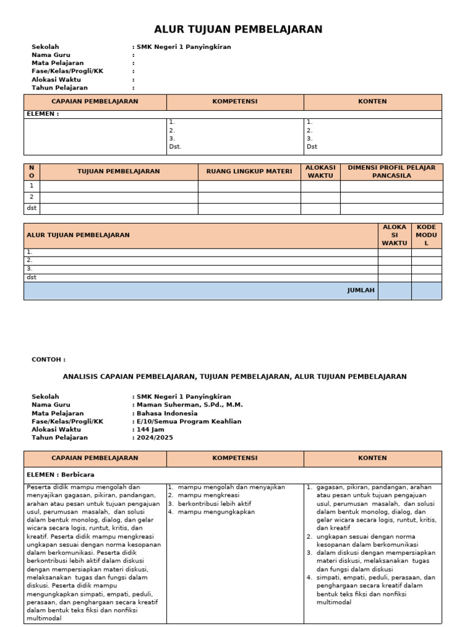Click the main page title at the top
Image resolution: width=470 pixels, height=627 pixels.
point(238,29)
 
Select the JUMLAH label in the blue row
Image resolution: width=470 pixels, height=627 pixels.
point(360,290)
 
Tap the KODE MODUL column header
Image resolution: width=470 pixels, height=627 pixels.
point(426,235)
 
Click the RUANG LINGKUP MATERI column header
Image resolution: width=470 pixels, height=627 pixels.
point(249,171)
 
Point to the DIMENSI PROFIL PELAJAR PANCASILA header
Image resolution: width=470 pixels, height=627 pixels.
point(391,171)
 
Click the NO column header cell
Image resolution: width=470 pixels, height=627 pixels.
point(31,171)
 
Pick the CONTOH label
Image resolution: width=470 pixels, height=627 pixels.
point(48,359)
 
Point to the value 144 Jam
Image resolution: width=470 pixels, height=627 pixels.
point(151,429)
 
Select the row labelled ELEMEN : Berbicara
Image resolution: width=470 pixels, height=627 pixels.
point(61,475)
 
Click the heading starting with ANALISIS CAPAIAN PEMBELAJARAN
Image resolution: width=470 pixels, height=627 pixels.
point(234,377)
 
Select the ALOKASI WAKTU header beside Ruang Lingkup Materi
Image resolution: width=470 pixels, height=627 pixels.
point(320,171)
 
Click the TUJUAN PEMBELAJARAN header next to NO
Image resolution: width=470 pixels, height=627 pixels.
point(119,171)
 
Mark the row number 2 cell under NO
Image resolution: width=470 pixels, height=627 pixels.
point(31,197)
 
